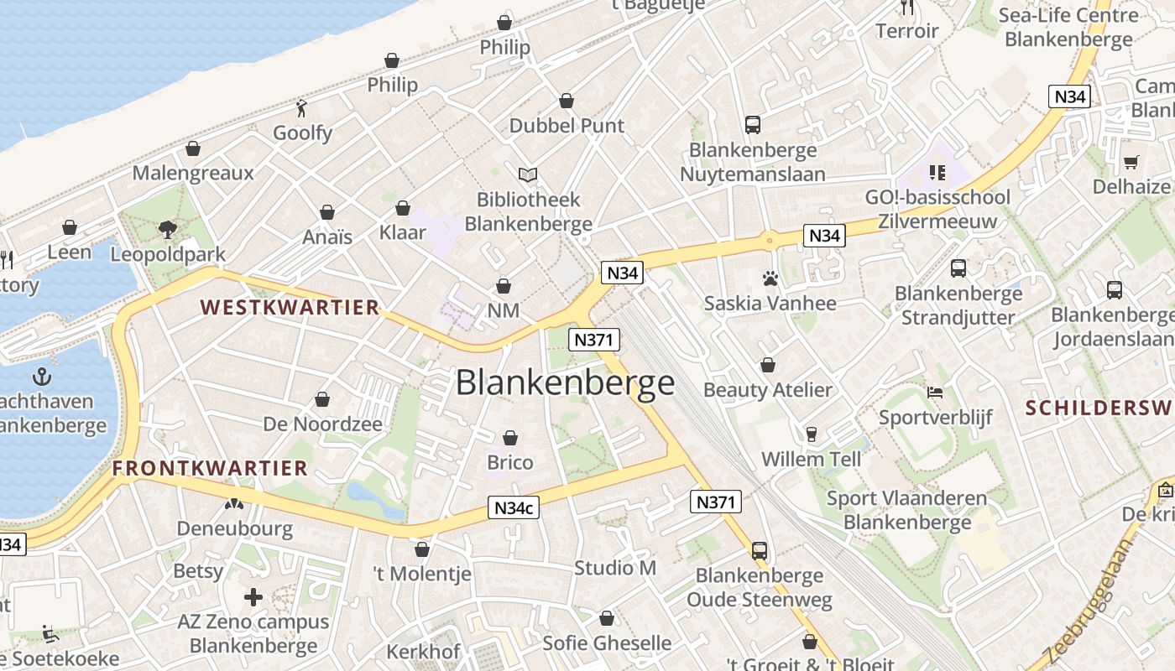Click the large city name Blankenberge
point(565,382)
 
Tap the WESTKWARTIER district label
point(290,308)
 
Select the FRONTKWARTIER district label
point(211,468)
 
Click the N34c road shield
point(514,507)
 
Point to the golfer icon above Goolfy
point(302,108)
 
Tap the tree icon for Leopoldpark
point(168,230)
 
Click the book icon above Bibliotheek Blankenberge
point(528,174)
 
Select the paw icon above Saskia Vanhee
point(770,278)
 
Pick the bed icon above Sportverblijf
point(935,392)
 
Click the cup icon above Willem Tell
point(811,434)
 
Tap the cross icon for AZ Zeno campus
point(253,597)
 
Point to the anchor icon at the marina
point(41,377)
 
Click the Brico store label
point(510,462)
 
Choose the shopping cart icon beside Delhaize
point(1131,162)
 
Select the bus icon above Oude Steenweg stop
point(760,551)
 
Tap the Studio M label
point(615,568)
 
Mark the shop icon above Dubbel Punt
point(567,101)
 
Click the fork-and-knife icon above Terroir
point(906,8)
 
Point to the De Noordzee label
point(323,424)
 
